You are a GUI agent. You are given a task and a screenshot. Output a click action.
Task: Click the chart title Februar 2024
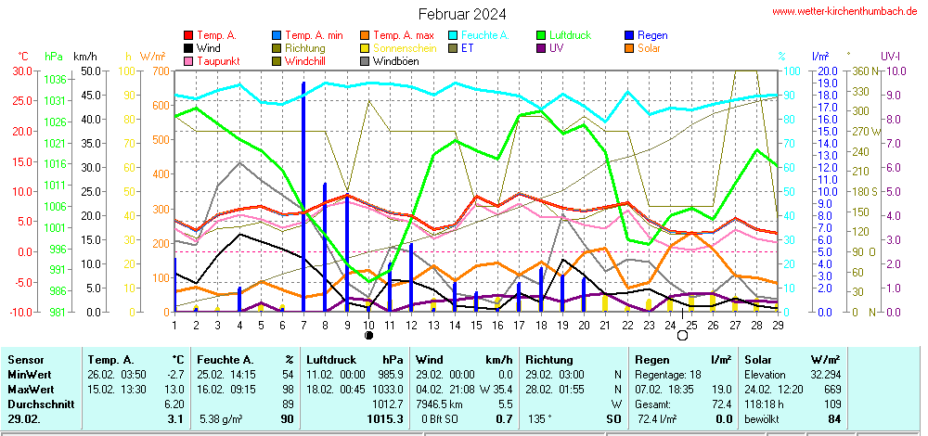(x=462, y=14)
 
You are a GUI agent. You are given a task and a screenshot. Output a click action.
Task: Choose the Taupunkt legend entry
(x=216, y=61)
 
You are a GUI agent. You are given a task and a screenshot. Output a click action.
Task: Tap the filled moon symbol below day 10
(x=368, y=335)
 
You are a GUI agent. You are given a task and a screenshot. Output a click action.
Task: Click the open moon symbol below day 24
(x=682, y=335)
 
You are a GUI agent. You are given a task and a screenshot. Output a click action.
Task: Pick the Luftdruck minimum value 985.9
(x=390, y=374)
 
